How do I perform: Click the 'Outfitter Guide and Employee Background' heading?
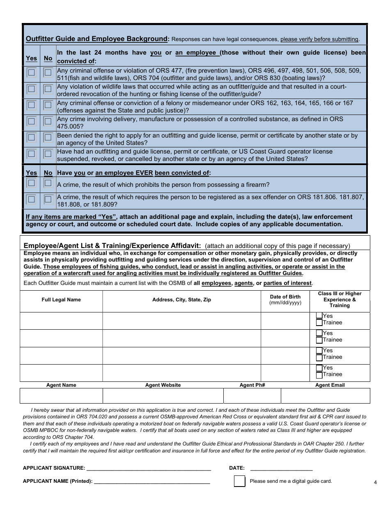tap(96, 39)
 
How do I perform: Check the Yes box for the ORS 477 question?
tap(31, 73)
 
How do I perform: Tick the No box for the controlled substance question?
tap(48, 122)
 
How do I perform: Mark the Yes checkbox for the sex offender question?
tap(31, 200)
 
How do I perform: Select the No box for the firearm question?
tap(48, 183)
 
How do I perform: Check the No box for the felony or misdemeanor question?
tap(48, 105)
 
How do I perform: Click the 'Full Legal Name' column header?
tap(61, 300)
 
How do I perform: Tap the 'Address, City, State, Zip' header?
tap(181, 300)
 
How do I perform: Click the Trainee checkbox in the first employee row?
tap(319, 323)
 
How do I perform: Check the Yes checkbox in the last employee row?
tap(319, 368)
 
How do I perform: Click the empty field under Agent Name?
tap(61, 396)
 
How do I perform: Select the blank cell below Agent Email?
tap(325, 396)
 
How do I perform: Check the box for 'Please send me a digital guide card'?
tap(239, 481)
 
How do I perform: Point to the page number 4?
tap(375, 482)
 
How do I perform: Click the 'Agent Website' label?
tap(163, 385)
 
